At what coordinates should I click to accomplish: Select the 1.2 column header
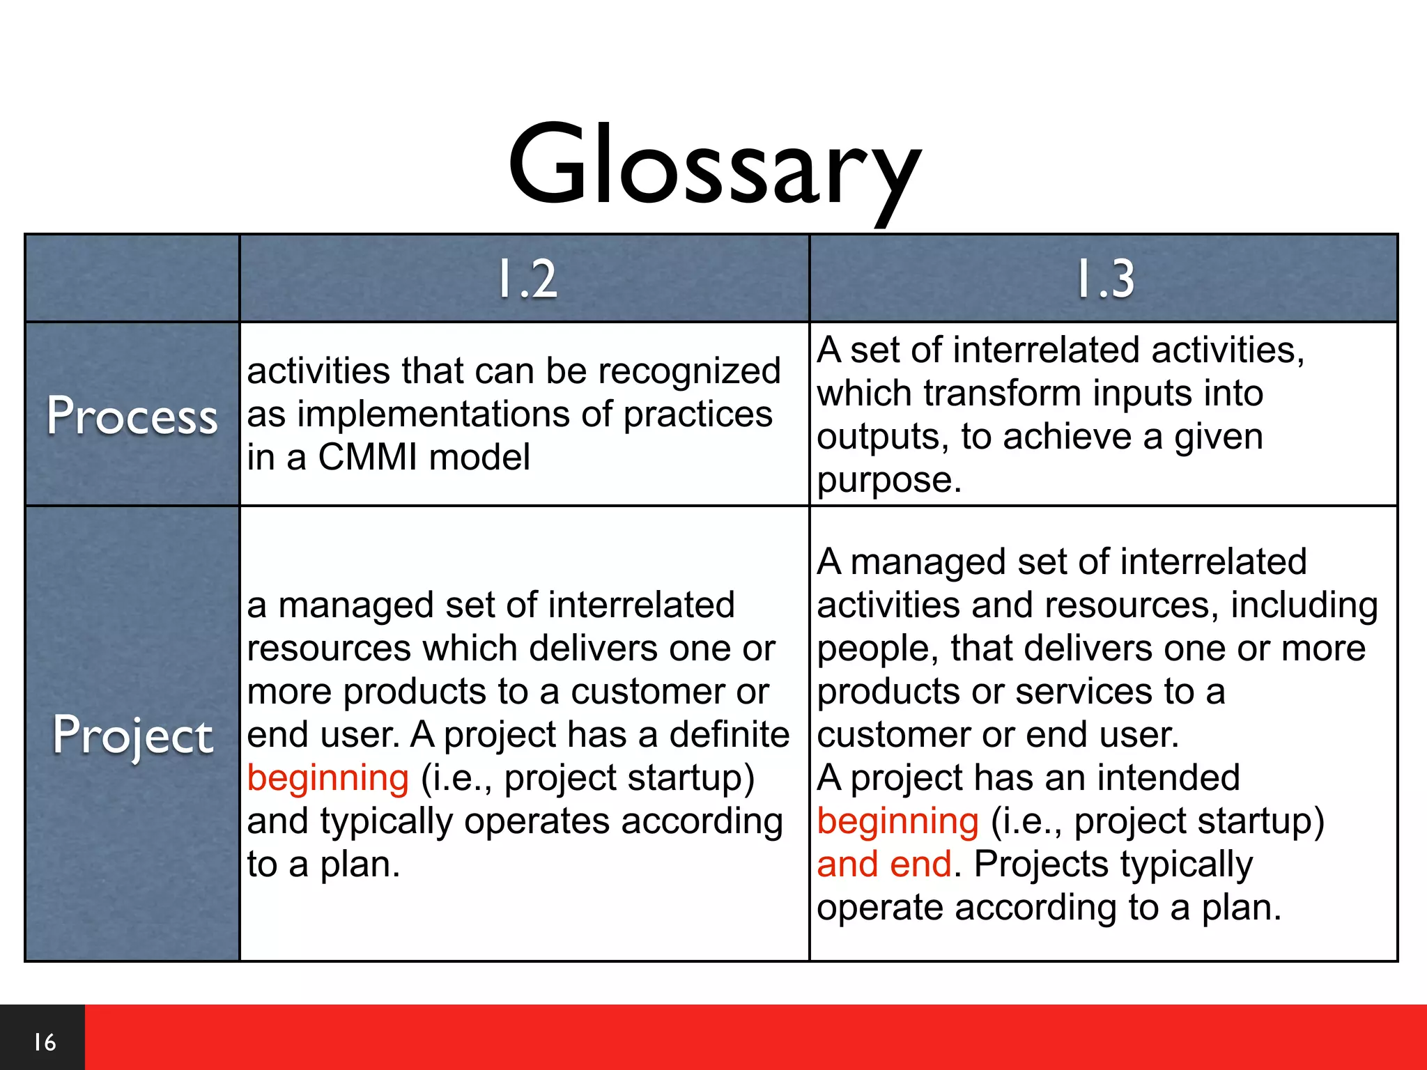click(x=527, y=279)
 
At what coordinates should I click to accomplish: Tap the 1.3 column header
click(x=1106, y=279)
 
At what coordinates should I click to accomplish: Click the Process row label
click(x=132, y=415)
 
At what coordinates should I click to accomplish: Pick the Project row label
click(x=132, y=735)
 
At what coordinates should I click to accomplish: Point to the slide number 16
click(x=44, y=1042)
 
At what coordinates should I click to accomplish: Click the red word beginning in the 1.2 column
click(x=328, y=778)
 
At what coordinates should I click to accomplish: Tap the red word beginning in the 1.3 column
click(x=897, y=821)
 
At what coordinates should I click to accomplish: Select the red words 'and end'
click(x=884, y=864)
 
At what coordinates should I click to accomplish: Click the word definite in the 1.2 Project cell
click(x=730, y=735)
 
